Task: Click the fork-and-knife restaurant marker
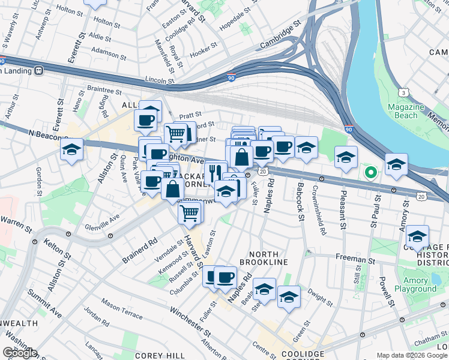215,173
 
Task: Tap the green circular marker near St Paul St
371,174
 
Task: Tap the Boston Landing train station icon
39,70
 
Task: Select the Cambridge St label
280,37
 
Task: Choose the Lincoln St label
159,79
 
